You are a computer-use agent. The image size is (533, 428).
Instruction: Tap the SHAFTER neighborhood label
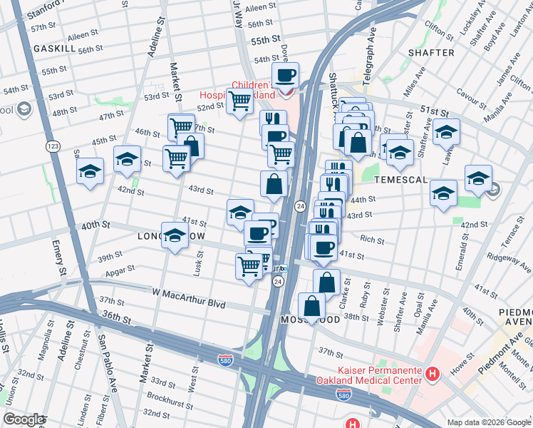coord(431,53)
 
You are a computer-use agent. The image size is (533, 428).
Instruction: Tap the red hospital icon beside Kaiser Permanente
coord(432,374)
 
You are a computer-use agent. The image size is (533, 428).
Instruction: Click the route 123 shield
coord(52,146)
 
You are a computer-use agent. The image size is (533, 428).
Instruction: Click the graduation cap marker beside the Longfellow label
coord(175,236)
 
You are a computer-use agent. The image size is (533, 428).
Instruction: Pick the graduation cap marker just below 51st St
coord(446,132)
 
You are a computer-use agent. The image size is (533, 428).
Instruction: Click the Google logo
coord(23,419)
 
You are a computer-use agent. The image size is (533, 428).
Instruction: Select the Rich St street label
coord(372,239)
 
